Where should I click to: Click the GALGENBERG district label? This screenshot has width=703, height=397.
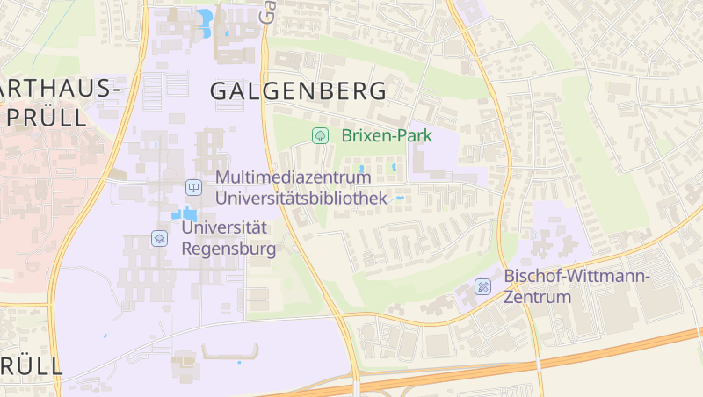point(298,90)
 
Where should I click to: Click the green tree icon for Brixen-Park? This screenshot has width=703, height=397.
point(321,135)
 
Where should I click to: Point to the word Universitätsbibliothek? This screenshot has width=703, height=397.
point(301,198)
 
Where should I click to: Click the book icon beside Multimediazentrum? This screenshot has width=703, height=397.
point(193,187)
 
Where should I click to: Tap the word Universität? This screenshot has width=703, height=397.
point(224,227)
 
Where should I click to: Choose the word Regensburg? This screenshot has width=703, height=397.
point(228,249)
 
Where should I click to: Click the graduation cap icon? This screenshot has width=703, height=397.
point(159,238)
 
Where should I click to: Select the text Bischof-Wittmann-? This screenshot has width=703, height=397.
point(576,276)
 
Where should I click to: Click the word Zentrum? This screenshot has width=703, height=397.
point(537,297)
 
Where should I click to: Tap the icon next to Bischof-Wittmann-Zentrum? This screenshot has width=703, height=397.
point(482,286)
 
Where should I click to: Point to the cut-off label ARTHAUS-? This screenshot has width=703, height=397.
point(58,89)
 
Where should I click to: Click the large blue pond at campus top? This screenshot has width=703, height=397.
point(206,20)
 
